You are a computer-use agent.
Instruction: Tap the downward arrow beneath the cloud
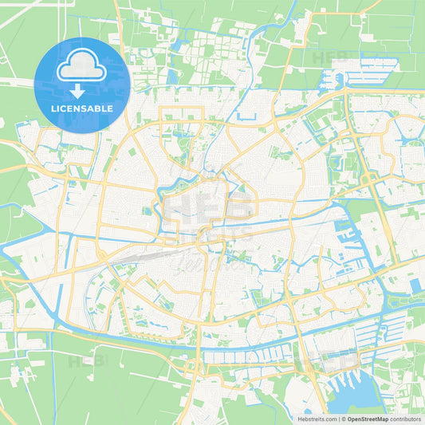(x=82, y=90)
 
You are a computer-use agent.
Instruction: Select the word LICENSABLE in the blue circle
(x=82, y=108)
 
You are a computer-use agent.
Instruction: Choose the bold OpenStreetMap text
(x=368, y=419)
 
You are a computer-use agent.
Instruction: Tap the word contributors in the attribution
(x=406, y=419)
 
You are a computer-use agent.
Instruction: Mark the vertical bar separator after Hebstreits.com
(x=338, y=419)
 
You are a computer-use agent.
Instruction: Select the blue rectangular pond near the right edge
(x=415, y=285)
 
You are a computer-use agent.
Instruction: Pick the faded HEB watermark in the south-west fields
(x=85, y=363)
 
